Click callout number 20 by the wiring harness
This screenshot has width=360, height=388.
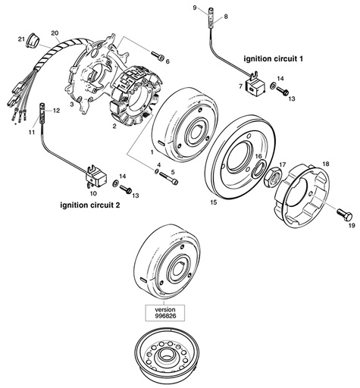click(54, 33)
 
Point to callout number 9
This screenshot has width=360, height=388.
click(195, 8)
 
